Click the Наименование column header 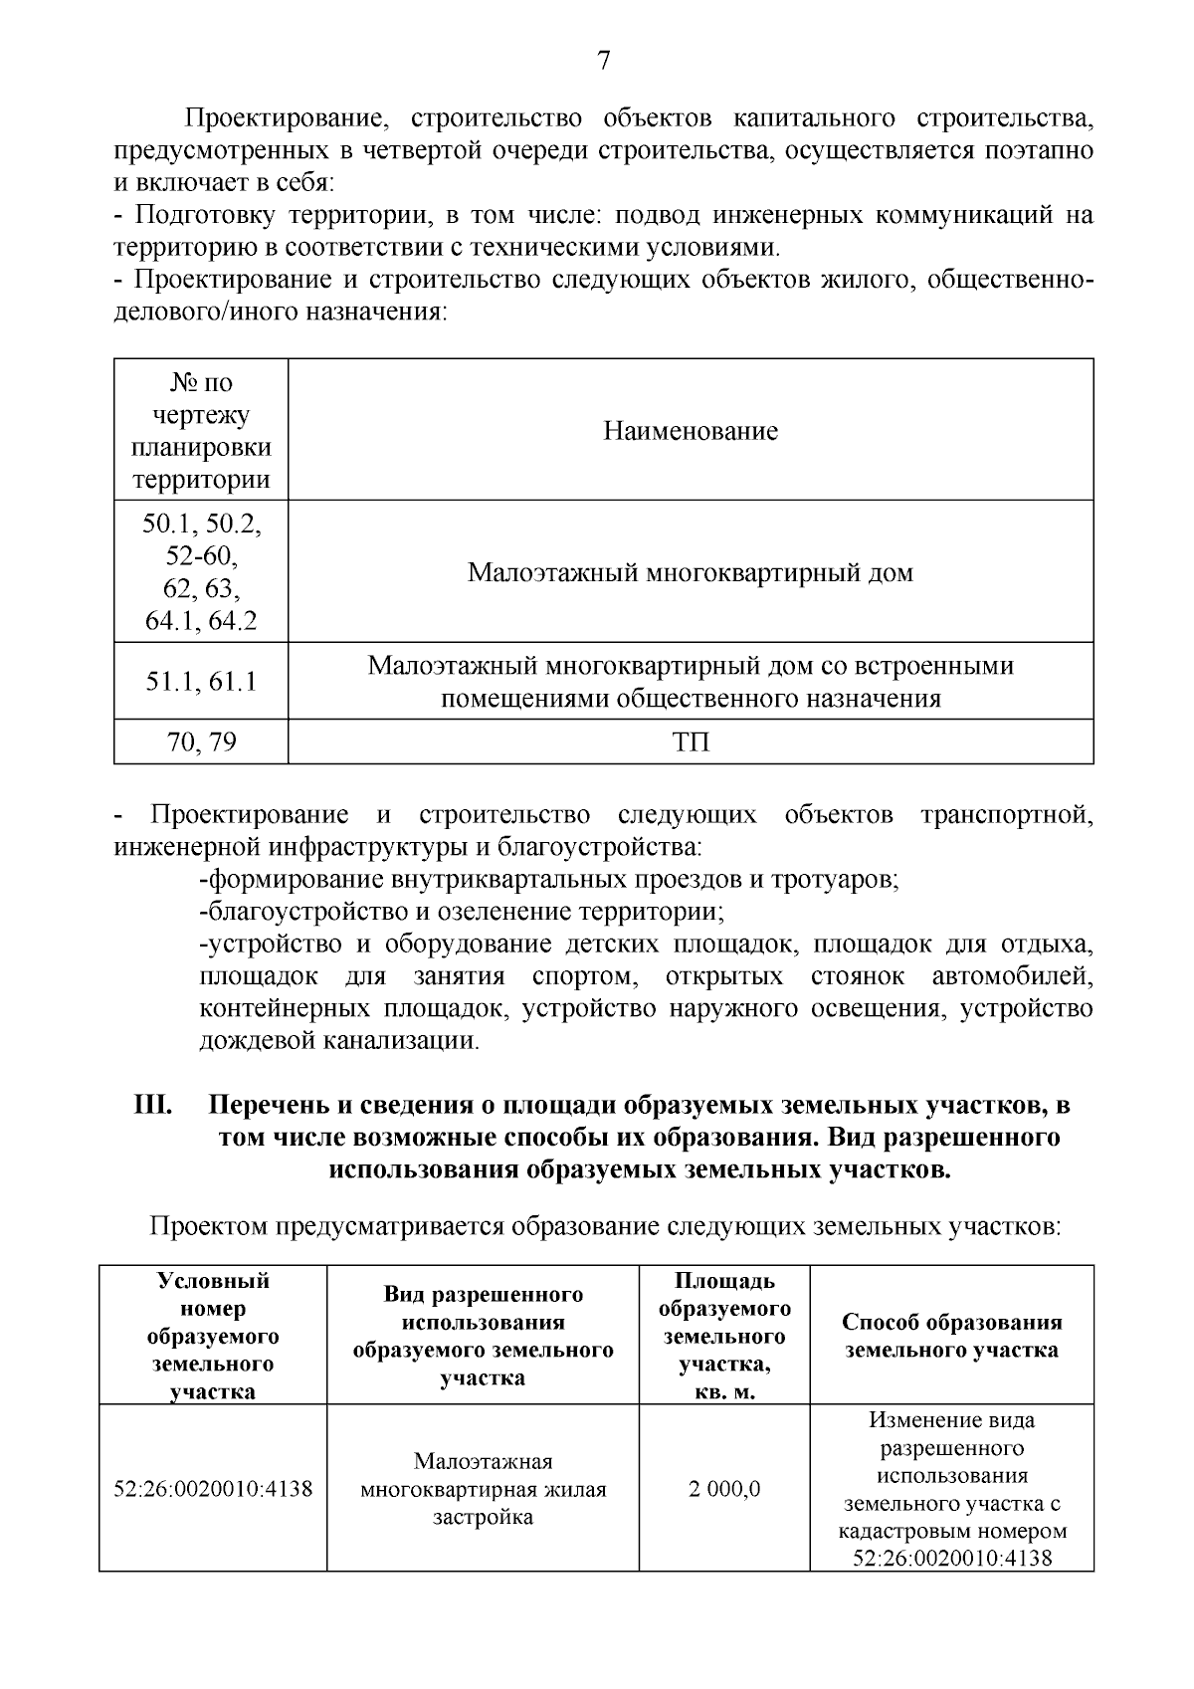coord(690,431)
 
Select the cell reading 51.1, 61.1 coord(201,682)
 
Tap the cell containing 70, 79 coord(201,741)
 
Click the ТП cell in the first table coord(691,741)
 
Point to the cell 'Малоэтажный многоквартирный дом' coord(690,573)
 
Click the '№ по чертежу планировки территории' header coord(201,431)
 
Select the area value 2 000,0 coord(723,1489)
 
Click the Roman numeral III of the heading coord(154,1106)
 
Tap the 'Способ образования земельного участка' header coord(951,1336)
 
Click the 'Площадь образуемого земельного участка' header coord(723,1336)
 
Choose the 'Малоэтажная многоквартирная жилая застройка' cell coord(483,1489)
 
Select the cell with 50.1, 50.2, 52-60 coord(201,572)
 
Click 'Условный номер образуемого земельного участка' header coord(212,1336)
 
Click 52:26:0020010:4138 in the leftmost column coord(213,1490)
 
